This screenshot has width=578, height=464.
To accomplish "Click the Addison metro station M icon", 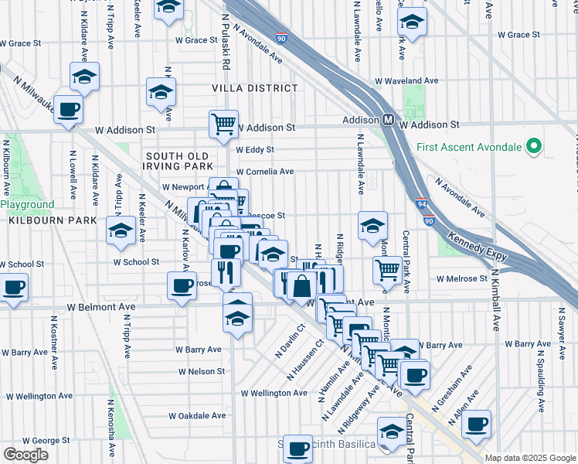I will click(390, 121).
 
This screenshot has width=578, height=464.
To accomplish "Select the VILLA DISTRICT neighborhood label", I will click(255, 88).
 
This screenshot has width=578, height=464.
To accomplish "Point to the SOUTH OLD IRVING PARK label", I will click(178, 161).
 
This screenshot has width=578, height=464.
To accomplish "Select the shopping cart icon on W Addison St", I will click(223, 122).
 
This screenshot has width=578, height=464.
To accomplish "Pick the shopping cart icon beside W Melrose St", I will click(387, 269).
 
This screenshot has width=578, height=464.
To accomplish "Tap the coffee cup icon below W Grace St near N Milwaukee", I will click(68, 110).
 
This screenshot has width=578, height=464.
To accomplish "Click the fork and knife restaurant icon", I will click(226, 271).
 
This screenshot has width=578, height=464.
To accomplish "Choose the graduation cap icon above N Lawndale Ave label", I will click(372, 225).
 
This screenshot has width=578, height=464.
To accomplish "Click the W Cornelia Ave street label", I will click(265, 172).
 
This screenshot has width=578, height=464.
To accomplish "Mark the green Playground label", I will click(27, 205).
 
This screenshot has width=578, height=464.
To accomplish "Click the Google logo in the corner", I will click(25, 454).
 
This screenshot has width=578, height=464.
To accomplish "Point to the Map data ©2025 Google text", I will click(530, 458).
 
